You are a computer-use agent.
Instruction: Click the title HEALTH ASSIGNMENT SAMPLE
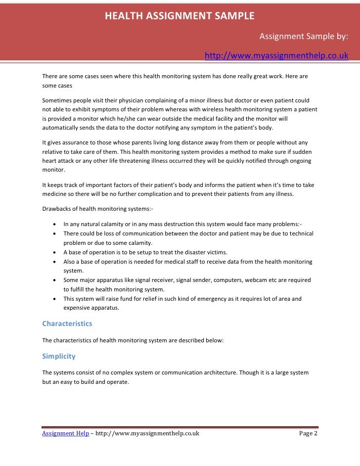click(x=180, y=16)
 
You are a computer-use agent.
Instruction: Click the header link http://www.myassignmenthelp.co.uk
click(x=276, y=56)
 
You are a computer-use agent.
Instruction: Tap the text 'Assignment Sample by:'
click(x=304, y=36)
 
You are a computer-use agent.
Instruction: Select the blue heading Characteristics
click(x=67, y=324)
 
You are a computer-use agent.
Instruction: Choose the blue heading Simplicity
click(x=59, y=356)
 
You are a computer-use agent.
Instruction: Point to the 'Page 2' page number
click(x=309, y=433)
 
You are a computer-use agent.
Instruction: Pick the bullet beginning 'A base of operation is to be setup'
click(x=145, y=252)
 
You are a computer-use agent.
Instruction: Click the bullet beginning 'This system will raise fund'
click(x=182, y=299)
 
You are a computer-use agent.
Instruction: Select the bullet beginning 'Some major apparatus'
click(x=187, y=280)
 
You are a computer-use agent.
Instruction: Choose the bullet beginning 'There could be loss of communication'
click(x=188, y=233)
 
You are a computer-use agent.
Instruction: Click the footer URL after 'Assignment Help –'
click(x=147, y=433)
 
